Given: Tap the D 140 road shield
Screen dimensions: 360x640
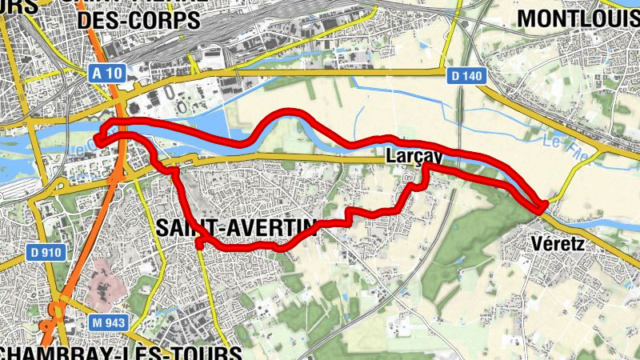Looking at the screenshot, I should pyautogui.click(x=465, y=75).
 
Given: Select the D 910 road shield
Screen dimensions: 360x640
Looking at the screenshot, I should pyautogui.click(x=46, y=252).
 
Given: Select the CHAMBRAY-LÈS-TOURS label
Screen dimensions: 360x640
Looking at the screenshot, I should pyautogui.click(x=120, y=352).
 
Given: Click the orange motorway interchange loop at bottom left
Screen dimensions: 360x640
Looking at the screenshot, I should pyautogui.click(x=54, y=312).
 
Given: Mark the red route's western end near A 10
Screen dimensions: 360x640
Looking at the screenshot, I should pyautogui.click(x=100, y=138).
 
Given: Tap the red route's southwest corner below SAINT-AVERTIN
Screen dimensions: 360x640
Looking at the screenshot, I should pyautogui.click(x=200, y=243).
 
